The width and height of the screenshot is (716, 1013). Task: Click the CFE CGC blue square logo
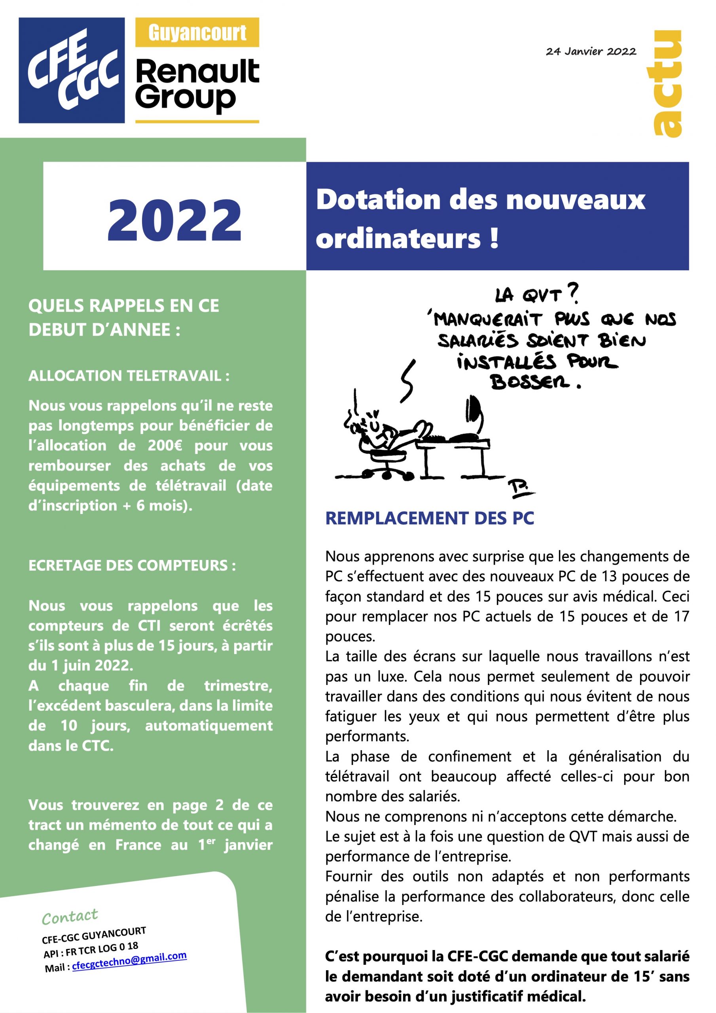pyautogui.click(x=72, y=70)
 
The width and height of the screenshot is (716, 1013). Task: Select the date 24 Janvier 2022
pyautogui.click(x=591, y=51)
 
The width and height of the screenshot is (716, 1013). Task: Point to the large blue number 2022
pyautogui.click(x=174, y=220)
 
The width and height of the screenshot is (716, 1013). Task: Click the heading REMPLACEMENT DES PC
pyautogui.click(x=429, y=518)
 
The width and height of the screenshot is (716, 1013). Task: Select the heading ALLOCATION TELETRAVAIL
pyautogui.click(x=129, y=376)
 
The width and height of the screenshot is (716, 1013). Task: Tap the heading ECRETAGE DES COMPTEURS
pyautogui.click(x=132, y=565)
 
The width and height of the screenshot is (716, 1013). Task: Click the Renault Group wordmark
pyautogui.click(x=197, y=84)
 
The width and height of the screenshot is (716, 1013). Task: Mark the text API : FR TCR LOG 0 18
pyautogui.click(x=91, y=950)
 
